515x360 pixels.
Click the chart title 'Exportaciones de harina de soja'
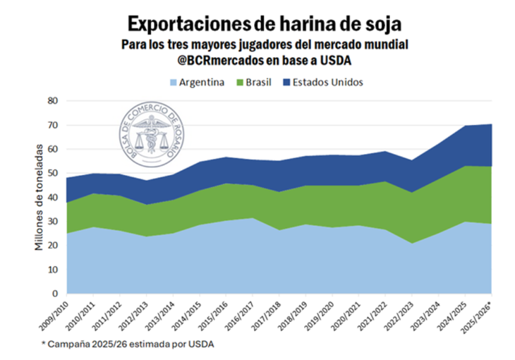pos(257,25)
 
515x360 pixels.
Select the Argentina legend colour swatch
pos(171,83)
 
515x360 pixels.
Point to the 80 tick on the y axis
pos(51,101)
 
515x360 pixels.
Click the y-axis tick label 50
pos(51,174)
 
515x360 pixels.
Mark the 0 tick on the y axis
pos(54,294)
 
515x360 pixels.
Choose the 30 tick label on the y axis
pos(51,222)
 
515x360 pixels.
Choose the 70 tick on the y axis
pos(51,126)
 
